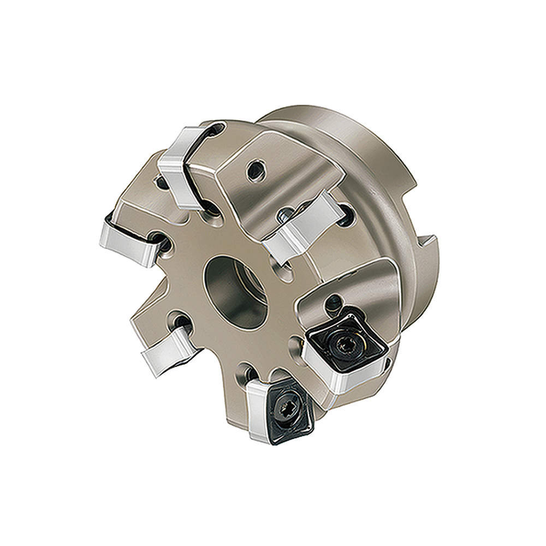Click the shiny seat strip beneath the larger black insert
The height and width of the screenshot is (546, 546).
click(349, 379)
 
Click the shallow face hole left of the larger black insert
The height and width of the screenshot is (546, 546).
click(296, 341)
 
